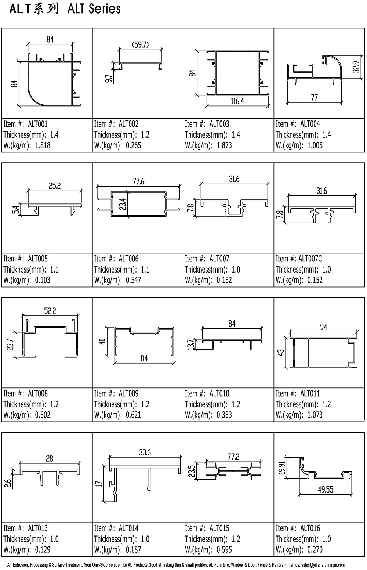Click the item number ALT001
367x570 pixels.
(38, 124)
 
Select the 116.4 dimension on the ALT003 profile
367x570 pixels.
(237, 101)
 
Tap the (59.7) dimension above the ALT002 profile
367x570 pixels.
(141, 45)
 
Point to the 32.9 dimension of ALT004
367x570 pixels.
(357, 67)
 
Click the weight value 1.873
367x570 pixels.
(224, 145)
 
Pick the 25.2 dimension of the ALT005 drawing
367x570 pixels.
(55, 186)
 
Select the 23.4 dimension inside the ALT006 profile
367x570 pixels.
(123, 204)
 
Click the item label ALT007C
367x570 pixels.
(310, 259)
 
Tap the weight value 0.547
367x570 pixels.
(133, 280)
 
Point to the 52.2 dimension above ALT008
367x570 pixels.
(50, 311)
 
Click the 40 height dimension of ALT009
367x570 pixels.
(102, 341)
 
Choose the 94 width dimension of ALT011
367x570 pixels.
(323, 327)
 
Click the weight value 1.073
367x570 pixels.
(315, 415)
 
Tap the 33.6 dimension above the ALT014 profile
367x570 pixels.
(145, 452)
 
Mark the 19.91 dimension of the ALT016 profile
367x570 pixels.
(282, 467)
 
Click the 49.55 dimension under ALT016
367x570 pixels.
(326, 489)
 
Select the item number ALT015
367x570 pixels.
(219, 528)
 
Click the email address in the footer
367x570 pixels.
(323, 565)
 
